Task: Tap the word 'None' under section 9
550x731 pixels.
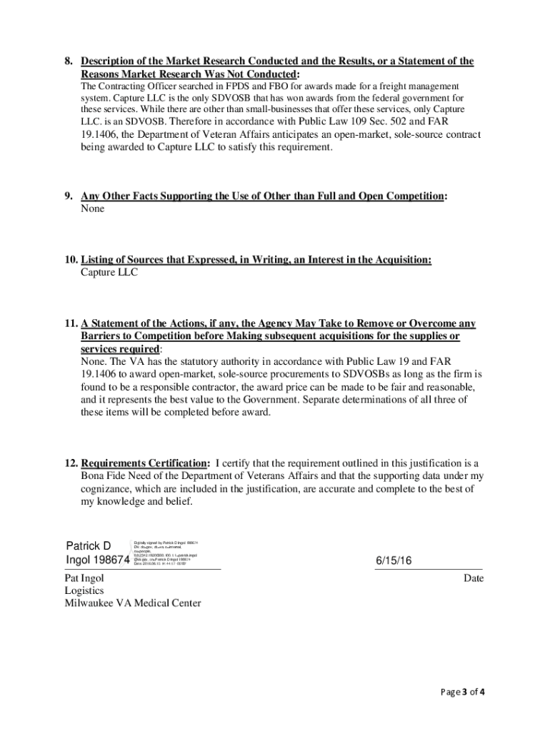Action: pos(92,208)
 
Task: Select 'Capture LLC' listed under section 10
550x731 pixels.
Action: pos(109,272)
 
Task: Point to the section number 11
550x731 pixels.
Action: pos(69,323)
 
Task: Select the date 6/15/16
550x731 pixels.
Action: pos(394,560)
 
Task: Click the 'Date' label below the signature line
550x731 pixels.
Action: pos(473,578)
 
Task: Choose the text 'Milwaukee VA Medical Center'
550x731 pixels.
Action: pos(133,603)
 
